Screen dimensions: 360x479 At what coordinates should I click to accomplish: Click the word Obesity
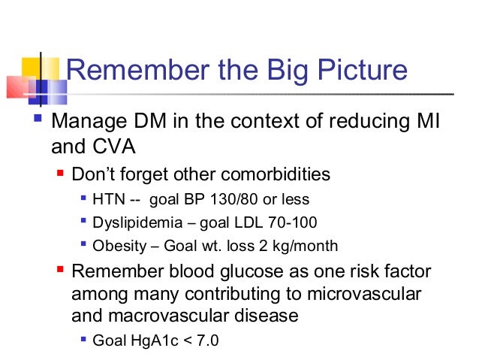coord(116,246)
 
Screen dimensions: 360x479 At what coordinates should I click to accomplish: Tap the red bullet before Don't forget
coord(62,174)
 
